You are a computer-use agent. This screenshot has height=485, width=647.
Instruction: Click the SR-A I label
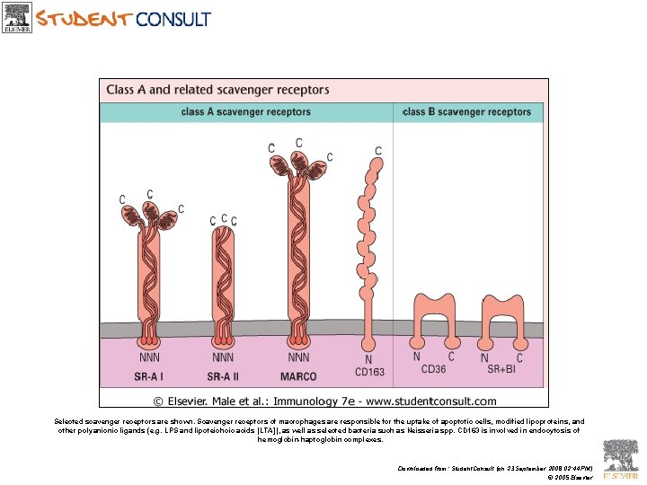(x=149, y=376)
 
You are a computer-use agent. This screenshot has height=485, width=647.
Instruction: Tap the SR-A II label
(x=223, y=376)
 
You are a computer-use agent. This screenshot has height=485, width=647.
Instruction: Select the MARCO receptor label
(x=298, y=376)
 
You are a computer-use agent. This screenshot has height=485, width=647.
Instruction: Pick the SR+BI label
(x=501, y=369)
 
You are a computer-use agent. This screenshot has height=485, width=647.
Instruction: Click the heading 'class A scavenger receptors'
(x=245, y=112)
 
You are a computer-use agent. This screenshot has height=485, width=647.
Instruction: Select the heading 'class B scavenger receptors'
(x=467, y=112)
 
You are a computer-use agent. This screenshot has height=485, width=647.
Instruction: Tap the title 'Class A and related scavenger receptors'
(x=217, y=90)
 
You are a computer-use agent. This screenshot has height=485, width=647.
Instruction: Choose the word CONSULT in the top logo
(x=173, y=18)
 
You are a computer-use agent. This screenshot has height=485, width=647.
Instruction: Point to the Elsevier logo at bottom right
(x=620, y=460)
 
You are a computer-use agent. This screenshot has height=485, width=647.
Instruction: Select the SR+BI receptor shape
(x=502, y=319)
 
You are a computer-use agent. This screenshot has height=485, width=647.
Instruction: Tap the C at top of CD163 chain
(x=378, y=151)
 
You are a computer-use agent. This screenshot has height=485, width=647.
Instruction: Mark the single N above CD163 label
(x=368, y=359)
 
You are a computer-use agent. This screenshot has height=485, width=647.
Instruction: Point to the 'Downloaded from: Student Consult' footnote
(x=495, y=468)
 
